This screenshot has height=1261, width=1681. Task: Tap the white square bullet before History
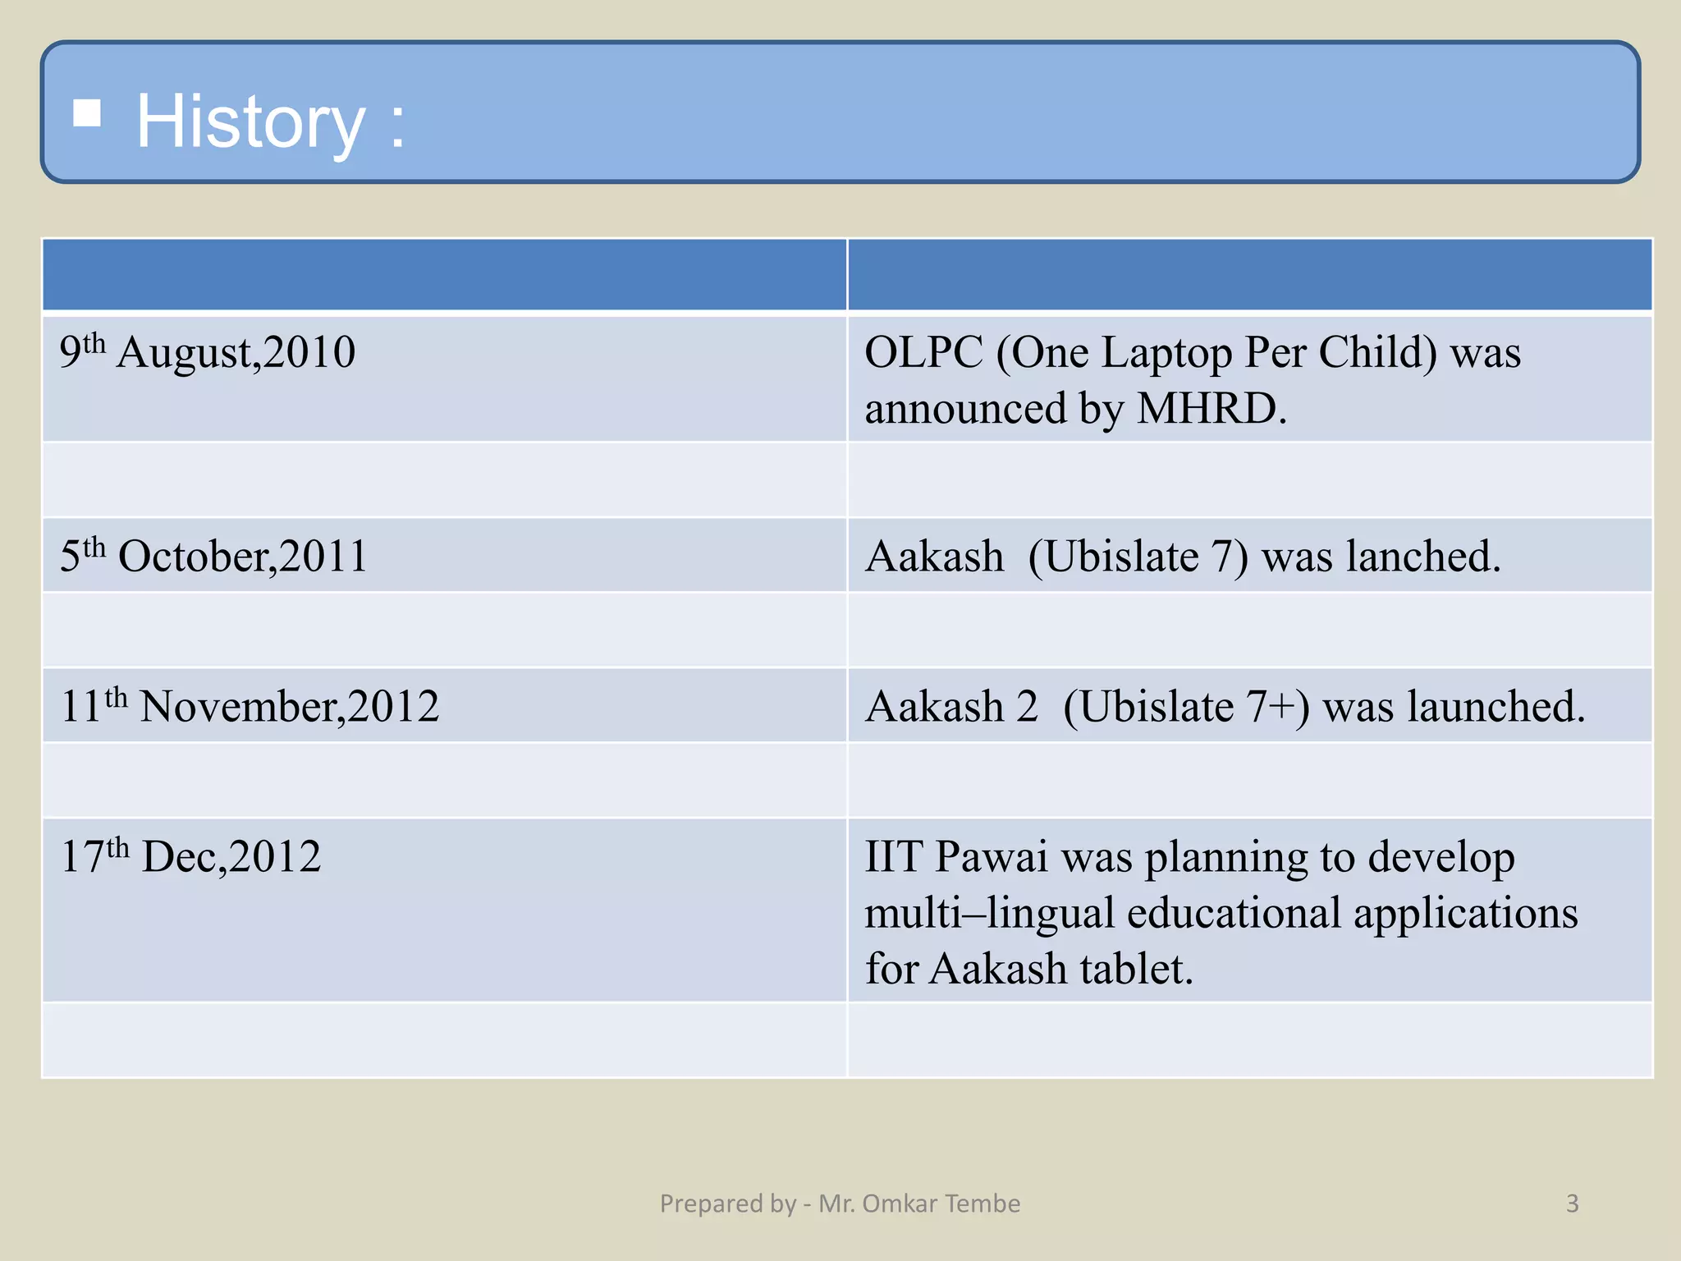tap(87, 113)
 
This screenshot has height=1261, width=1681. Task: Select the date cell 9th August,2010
tap(208, 353)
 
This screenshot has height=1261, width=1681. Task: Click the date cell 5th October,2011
tap(213, 557)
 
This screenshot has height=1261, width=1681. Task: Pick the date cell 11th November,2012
tap(250, 707)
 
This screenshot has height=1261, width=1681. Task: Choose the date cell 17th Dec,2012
tap(190, 857)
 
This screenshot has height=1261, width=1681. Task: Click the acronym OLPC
tap(923, 353)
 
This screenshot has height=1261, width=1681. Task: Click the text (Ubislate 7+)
tap(1186, 707)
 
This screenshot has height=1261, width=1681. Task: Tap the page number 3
tap(1572, 1204)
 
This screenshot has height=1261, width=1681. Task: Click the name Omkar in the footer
tap(899, 1204)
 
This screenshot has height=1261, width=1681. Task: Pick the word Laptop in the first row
tap(1166, 353)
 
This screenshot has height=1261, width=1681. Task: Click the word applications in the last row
tap(1465, 914)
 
